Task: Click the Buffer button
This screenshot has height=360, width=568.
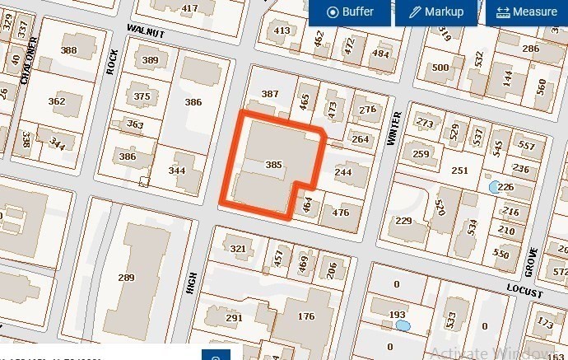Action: (x=350, y=12)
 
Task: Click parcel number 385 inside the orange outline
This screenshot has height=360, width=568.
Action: (x=274, y=165)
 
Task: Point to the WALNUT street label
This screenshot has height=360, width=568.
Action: (x=146, y=32)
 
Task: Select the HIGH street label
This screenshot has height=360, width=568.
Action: (x=193, y=285)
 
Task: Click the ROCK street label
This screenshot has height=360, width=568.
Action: (x=112, y=63)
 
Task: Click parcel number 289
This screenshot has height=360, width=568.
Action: (x=126, y=278)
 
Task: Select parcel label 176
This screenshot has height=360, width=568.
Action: (x=306, y=316)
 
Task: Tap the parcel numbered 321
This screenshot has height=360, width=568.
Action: (x=238, y=249)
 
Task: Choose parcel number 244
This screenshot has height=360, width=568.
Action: (x=343, y=172)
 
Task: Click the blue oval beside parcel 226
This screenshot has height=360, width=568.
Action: (x=494, y=187)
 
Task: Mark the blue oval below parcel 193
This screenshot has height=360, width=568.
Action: (x=403, y=326)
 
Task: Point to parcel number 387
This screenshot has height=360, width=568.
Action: (x=269, y=94)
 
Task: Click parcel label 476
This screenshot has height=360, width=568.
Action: (x=340, y=213)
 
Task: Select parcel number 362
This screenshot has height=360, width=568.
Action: (x=57, y=101)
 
